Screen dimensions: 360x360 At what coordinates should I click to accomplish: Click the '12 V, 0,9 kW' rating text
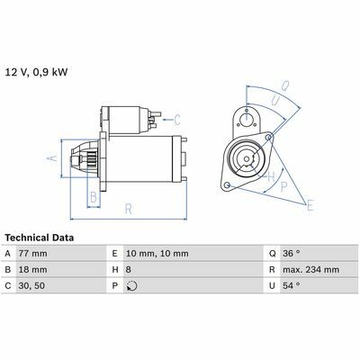[36, 73]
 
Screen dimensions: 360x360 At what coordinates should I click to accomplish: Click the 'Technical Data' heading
[40, 238]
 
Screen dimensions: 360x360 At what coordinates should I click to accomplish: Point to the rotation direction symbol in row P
[132, 286]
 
